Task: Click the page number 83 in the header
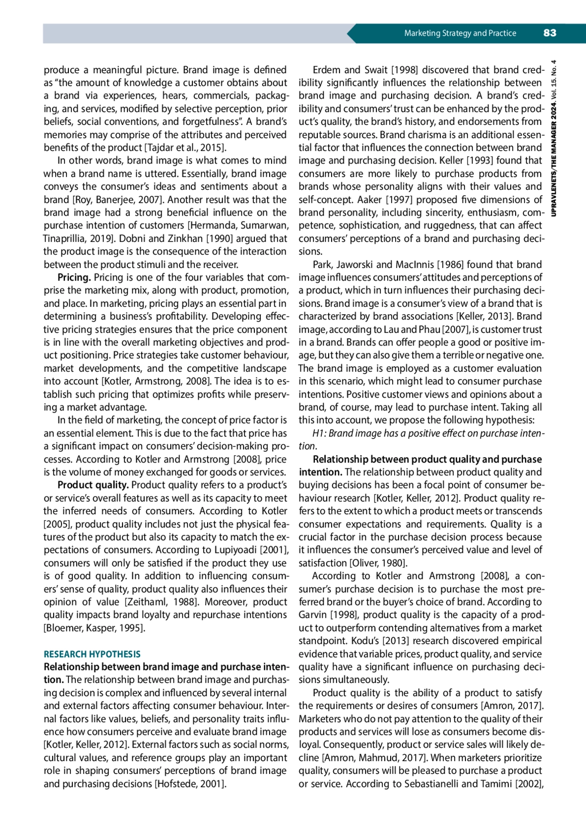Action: [x=549, y=33]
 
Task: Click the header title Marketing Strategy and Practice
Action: [x=460, y=33]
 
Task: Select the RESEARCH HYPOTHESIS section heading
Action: [x=92, y=654]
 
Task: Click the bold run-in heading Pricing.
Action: [x=74, y=278]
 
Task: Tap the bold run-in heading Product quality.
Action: [x=93, y=485]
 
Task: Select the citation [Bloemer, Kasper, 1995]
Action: [x=94, y=628]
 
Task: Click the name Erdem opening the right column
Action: [x=327, y=70]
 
